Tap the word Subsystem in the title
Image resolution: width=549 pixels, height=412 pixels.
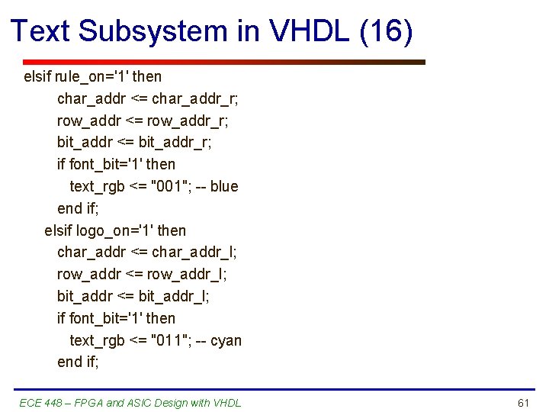tap(152, 31)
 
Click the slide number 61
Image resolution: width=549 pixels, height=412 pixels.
tap(522, 403)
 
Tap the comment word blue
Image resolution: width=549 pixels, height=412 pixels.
tap(224, 186)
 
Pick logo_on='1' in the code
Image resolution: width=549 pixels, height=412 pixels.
tap(114, 230)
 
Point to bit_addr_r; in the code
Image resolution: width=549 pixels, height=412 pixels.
tap(175, 142)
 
